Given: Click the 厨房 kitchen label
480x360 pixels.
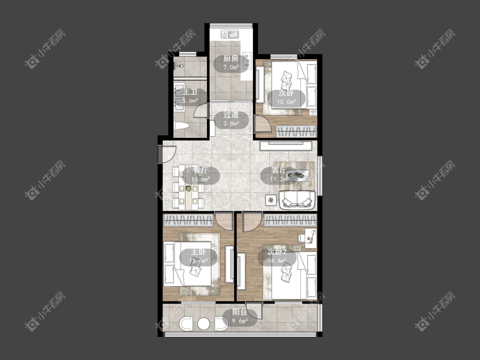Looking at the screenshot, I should tap(230, 59).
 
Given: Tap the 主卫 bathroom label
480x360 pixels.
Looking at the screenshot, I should tap(190, 92).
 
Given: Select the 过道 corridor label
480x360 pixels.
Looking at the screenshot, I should tap(230, 115).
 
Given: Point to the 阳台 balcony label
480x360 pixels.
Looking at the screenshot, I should tap(240, 312).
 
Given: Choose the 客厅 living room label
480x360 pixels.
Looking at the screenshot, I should tap(279, 171).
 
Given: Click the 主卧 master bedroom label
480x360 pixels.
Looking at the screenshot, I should tap(198, 252).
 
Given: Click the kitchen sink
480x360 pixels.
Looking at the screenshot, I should tap(230, 34).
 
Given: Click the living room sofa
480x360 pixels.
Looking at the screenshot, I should tap(297, 199).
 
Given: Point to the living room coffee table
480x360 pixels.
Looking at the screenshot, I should tap(298, 175).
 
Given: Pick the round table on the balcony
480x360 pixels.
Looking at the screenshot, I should tap(204, 324).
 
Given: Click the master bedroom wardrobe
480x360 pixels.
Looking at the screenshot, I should tap(189, 221).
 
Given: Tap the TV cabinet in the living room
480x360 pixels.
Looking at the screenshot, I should tap(287, 145).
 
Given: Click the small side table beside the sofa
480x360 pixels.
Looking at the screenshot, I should tap(270, 199).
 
